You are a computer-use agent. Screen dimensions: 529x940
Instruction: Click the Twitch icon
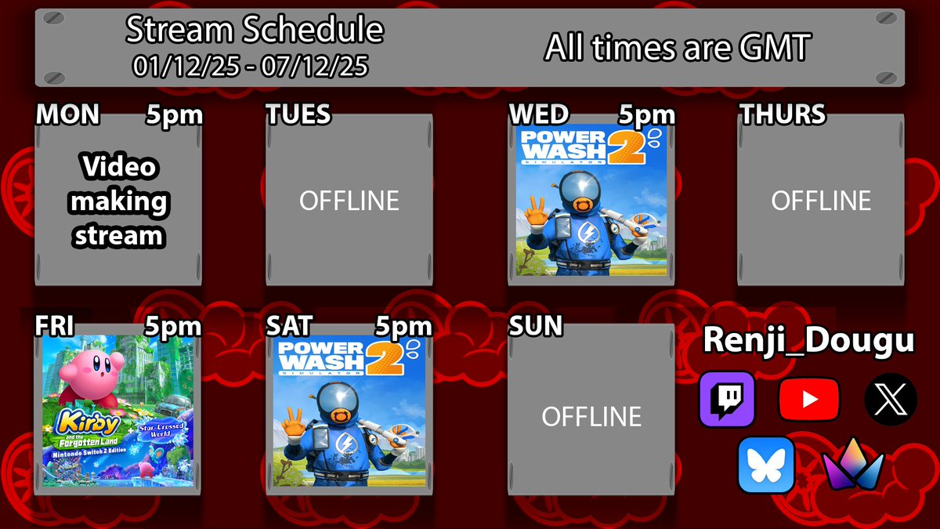click(x=726, y=399)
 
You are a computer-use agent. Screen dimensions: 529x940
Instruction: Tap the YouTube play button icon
click(x=809, y=399)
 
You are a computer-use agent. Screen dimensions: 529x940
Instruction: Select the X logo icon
click(x=891, y=399)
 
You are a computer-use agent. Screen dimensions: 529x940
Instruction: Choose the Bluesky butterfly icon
click(x=766, y=465)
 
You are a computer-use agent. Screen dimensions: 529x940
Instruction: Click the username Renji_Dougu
click(x=808, y=341)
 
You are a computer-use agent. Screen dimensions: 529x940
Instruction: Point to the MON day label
click(x=68, y=115)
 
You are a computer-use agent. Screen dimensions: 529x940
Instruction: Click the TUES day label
click(x=298, y=115)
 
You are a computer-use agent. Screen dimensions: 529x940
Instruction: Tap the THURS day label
click(x=783, y=115)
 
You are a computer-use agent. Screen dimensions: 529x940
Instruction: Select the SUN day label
click(x=536, y=325)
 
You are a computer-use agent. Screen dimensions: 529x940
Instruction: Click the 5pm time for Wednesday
click(x=647, y=116)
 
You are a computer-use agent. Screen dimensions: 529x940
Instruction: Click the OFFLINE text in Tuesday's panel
click(x=349, y=201)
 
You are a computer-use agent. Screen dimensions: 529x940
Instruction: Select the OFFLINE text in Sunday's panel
click(x=591, y=416)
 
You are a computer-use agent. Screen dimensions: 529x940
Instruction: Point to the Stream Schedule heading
click(x=255, y=31)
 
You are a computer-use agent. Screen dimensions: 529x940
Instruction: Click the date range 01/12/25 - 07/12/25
click(x=251, y=67)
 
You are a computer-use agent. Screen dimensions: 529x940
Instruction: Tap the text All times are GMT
click(x=676, y=49)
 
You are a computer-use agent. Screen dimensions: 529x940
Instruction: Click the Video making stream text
click(x=119, y=201)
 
